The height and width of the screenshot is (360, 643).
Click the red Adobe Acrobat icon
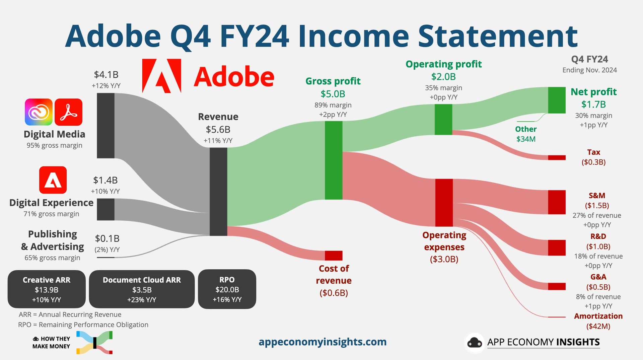68,112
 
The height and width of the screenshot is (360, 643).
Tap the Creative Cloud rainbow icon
39,112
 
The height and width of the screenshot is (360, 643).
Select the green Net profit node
557,100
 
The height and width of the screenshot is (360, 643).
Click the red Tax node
557,157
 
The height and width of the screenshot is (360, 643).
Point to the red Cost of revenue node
334,256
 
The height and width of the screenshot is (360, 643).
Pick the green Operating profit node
443,120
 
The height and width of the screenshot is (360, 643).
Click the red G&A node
557,286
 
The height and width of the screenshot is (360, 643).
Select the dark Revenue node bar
218,192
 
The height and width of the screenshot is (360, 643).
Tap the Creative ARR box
47,289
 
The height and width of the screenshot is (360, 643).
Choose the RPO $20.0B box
227,289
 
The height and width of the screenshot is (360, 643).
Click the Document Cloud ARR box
142,289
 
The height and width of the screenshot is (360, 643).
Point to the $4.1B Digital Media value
106,74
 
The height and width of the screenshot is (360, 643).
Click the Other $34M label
526,134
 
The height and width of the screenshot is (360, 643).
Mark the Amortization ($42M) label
598,321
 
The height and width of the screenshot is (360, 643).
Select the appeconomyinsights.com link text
323,342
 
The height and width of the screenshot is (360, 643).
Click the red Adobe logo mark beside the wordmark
162,76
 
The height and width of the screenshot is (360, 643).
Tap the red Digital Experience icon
53,180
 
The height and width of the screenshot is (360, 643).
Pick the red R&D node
557,248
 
